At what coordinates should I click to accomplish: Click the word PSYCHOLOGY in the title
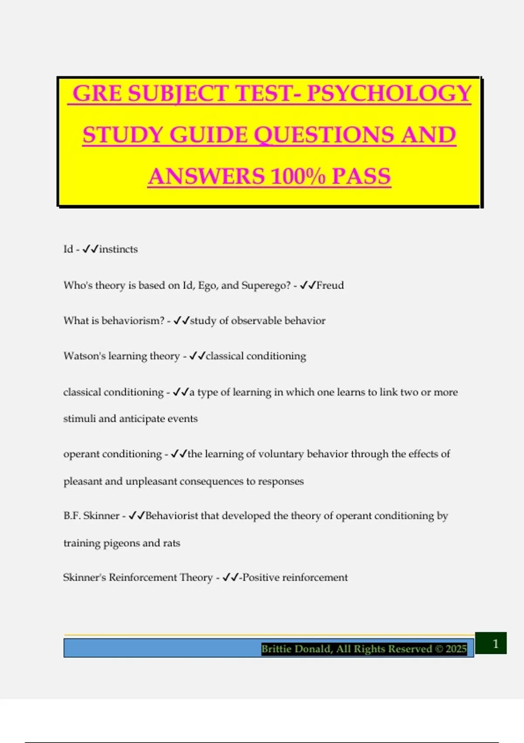[389, 94]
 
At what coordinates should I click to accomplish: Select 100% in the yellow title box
[298, 176]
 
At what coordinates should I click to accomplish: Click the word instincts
[118, 249]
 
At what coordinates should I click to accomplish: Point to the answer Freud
[330, 285]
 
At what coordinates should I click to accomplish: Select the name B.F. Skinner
[91, 516]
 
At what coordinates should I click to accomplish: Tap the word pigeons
[121, 543]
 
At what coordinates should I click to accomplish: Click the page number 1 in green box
[495, 643]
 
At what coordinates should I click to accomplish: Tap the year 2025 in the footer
[456, 649]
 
